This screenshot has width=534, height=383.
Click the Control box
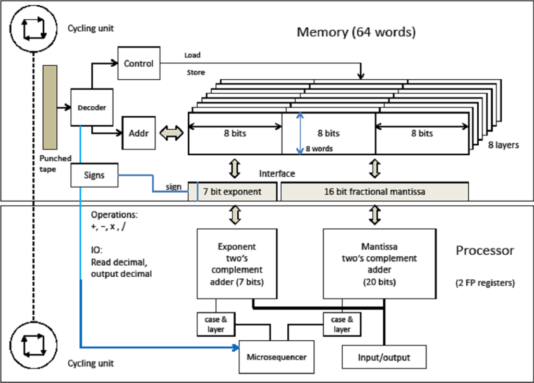coord(138,63)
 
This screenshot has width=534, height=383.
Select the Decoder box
coord(92,107)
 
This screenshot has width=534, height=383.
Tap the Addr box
coord(136,133)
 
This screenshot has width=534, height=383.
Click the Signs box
coord(94,175)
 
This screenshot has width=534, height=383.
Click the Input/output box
coord(384,357)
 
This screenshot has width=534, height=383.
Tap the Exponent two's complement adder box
coord(236,264)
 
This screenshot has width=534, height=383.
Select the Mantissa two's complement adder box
coord(379,264)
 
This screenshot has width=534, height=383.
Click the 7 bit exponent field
coord(232,191)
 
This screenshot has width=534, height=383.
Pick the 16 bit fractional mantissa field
coord(374,191)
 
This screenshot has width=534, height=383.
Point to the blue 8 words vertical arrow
coord(299,134)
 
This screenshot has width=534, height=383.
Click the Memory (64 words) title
coord(356,32)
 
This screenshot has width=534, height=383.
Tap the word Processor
coord(485,251)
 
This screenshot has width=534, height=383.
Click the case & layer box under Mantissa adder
coord(342,324)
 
